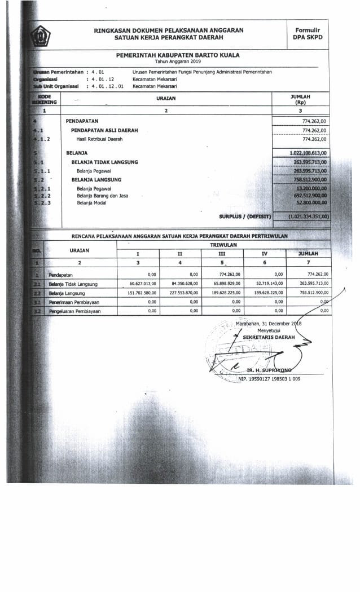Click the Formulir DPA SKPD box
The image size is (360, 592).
pyautogui.click(x=306, y=33)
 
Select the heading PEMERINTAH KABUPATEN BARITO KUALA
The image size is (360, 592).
pyautogui.click(x=178, y=55)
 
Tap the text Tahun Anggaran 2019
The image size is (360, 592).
pyautogui.click(x=178, y=61)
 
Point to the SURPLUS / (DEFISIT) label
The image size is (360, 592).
pyautogui.click(x=245, y=216)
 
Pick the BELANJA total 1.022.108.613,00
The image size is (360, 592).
pyautogui.click(x=308, y=153)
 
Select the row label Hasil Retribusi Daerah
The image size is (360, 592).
pyautogui.click(x=99, y=139)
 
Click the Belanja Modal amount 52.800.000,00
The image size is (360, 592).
pyautogui.click(x=311, y=202)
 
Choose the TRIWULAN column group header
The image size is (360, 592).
pyautogui.click(x=223, y=245)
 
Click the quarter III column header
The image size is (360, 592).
pyautogui.click(x=222, y=254)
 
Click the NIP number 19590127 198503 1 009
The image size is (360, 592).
pyautogui.click(x=269, y=378)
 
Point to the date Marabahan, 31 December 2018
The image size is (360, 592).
pyautogui.click(x=269, y=323)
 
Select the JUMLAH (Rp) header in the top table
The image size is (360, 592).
pyautogui.click(x=300, y=100)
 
